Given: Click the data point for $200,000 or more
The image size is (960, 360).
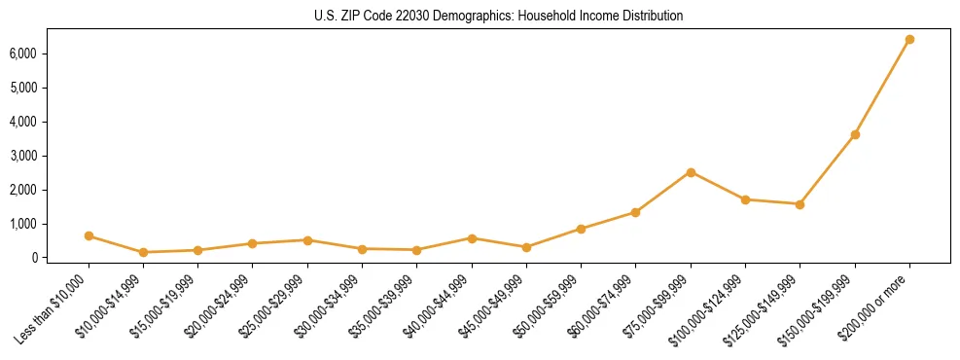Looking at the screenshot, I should pyautogui.click(x=909, y=40).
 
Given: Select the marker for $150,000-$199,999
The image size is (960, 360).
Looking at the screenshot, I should pyautogui.click(x=855, y=134).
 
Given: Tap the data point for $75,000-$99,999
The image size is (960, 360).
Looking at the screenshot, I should pyautogui.click(x=691, y=172).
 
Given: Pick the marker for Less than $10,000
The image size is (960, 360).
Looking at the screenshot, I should pyautogui.click(x=89, y=236).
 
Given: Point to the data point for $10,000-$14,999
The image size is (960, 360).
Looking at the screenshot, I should pyautogui.click(x=143, y=252).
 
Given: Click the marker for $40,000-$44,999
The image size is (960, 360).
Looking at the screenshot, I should pyautogui.click(x=472, y=238).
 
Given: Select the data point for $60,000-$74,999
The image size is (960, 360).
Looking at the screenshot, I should pyautogui.click(x=635, y=212).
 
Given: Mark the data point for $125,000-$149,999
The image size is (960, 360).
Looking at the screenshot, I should pyautogui.click(x=800, y=204).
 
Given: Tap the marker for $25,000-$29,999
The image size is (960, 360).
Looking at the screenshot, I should pyautogui.click(x=307, y=240).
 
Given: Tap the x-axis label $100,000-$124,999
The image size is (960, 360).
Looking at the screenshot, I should pyautogui.click(x=709, y=306).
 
